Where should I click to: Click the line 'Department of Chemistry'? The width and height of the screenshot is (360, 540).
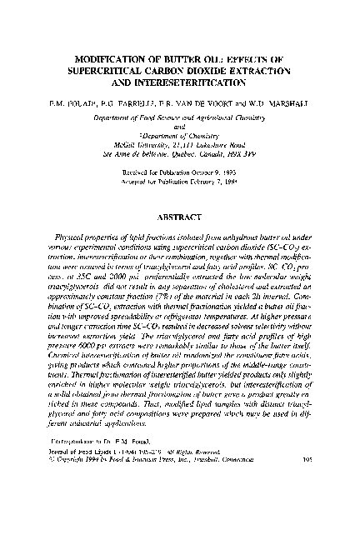pyautogui.click(x=180, y=136)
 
